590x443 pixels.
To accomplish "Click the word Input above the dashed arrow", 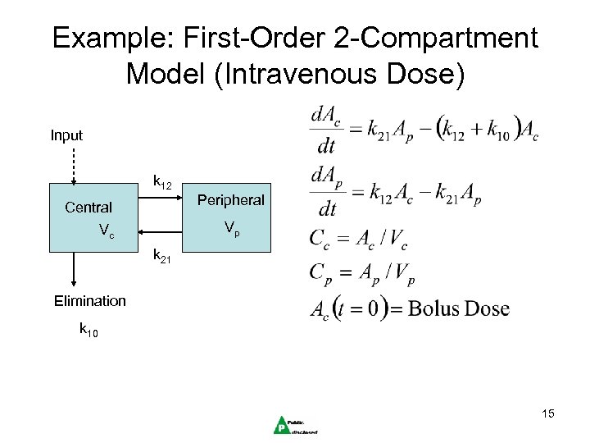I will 66,135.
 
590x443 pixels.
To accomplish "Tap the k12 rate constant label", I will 162,184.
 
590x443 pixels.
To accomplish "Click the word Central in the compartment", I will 88,208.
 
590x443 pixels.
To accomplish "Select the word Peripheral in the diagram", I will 230,200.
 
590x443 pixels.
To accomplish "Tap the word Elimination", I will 90,300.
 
